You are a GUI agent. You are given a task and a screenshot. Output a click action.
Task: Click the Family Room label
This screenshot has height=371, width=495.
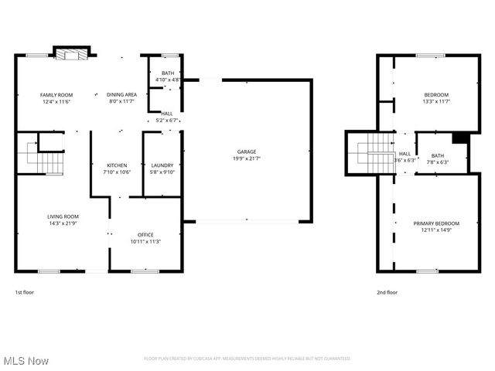point(56,94)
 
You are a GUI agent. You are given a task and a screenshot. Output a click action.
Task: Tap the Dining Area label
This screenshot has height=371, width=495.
point(121,94)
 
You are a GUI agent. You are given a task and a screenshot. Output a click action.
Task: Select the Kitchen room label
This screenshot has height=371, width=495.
point(117,165)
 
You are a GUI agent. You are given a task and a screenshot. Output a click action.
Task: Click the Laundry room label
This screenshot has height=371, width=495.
point(162,165)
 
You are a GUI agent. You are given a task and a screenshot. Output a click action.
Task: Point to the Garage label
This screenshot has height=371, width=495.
point(247,151)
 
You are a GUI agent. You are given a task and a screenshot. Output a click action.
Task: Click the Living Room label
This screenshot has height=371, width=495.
point(63,216)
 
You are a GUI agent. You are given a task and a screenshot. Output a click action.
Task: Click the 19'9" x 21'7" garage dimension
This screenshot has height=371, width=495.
point(247,158)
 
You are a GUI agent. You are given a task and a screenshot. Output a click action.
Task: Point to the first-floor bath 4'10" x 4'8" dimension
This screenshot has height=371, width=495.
point(168,80)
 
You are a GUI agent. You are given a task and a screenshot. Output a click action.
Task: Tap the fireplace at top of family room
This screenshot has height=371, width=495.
point(71,54)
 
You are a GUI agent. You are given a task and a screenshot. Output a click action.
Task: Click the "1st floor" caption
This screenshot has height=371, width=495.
point(24,293)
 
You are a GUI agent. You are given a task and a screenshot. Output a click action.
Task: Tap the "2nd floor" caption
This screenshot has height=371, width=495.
point(387,293)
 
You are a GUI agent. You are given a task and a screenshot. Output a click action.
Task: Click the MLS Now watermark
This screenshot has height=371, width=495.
point(26,361)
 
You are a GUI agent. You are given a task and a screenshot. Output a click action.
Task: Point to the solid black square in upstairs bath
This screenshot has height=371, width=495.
point(460,138)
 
